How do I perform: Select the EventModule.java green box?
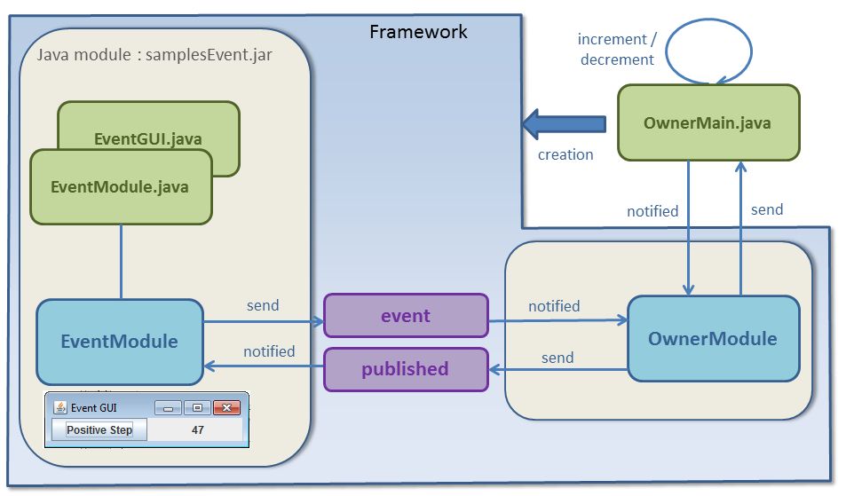click(121, 186)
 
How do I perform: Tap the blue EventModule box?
click(120, 342)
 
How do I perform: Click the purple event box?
click(406, 316)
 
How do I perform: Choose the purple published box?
click(406, 369)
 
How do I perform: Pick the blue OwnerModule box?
click(712, 339)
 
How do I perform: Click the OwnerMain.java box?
click(708, 123)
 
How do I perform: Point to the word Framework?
click(418, 33)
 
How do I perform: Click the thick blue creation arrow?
click(564, 123)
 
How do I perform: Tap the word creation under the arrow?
click(565, 154)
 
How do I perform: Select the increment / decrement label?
click(617, 50)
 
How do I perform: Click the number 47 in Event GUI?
click(198, 429)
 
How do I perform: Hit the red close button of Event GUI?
click(227, 408)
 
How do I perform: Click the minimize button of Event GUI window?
click(168, 408)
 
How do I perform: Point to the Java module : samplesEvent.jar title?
click(154, 55)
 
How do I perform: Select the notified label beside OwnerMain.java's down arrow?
click(652, 211)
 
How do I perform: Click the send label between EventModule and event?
click(263, 305)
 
